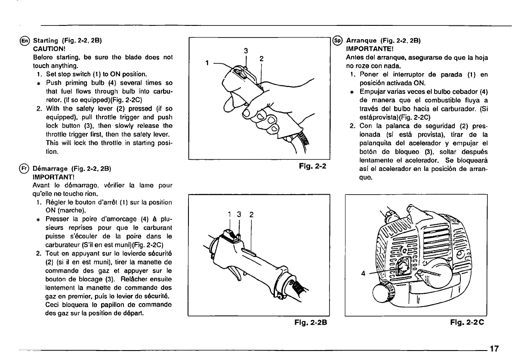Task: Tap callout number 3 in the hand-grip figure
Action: click(246, 50)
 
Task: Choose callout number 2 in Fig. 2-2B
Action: click(251, 213)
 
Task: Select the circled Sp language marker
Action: click(339, 41)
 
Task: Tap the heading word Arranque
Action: click(361, 41)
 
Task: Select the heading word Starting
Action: click(46, 41)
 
